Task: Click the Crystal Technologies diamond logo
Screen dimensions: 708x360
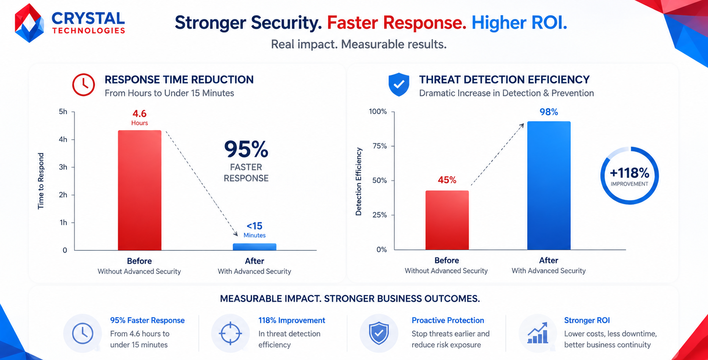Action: (x=29, y=23)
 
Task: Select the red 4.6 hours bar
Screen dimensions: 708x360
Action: (x=140, y=190)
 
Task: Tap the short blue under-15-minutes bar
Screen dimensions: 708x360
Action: (x=254, y=247)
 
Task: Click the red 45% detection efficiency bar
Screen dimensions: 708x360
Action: (x=447, y=220)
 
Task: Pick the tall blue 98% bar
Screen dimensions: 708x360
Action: (x=549, y=186)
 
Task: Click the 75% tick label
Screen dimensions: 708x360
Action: (x=379, y=146)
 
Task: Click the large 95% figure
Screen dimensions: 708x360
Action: (x=246, y=149)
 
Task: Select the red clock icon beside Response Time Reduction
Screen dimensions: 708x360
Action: (x=83, y=85)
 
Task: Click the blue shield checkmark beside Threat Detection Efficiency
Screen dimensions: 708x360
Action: (x=399, y=84)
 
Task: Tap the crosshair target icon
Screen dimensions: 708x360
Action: (x=230, y=333)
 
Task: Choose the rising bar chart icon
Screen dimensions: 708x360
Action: (x=538, y=333)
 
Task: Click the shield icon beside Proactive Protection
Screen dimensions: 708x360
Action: (x=379, y=333)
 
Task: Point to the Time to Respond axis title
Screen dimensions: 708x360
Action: (x=41, y=181)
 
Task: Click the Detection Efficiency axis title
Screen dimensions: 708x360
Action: (x=358, y=182)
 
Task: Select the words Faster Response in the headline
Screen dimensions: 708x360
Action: (x=396, y=23)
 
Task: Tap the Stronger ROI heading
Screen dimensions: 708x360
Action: (x=587, y=320)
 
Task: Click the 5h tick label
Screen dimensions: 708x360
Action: (x=63, y=111)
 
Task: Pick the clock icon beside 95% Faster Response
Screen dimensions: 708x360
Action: (x=83, y=333)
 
